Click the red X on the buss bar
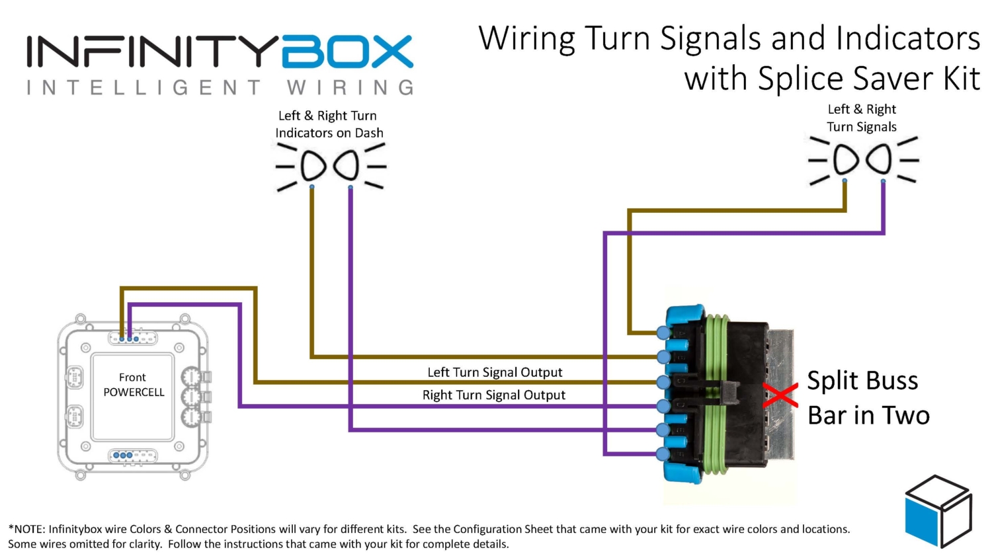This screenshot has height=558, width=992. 780,395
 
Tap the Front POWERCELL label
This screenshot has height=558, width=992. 133,385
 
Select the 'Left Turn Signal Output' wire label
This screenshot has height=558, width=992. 495,372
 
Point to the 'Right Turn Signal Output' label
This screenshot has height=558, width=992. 494,395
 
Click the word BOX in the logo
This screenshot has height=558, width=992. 347,52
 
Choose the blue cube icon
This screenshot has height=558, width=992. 938,511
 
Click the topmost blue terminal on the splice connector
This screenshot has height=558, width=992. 663,332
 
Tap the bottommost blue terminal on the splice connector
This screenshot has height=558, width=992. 663,454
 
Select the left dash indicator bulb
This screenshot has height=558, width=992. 313,165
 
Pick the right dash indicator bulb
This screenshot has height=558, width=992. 347,165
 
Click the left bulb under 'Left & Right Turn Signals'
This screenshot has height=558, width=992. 845,159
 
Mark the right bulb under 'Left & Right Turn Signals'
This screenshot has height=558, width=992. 880,159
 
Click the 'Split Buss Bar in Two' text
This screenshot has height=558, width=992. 868,398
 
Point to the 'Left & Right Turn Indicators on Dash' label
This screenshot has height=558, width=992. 329,124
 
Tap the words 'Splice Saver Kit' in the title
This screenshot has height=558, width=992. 868,79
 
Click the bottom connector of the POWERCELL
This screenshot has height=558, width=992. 132,456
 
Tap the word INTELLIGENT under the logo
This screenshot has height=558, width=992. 144,87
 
